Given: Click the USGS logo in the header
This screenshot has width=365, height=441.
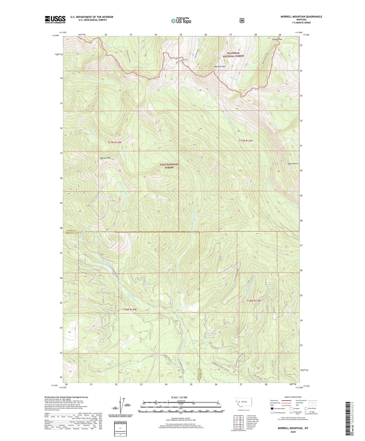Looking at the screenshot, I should click(55, 19).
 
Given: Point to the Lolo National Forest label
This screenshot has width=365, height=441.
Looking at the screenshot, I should click(169, 166).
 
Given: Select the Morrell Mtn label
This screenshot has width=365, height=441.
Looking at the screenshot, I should click(106, 158).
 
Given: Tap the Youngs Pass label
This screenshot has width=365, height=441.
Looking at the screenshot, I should click(277, 39).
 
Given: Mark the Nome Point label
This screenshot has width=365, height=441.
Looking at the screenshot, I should click(293, 164).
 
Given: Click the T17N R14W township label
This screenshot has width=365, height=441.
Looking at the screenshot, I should click(114, 142).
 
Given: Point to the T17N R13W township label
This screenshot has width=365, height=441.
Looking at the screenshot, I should click(246, 140).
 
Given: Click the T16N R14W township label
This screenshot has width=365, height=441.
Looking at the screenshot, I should click(130, 309).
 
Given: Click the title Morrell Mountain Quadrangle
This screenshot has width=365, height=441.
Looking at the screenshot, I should click(301, 17).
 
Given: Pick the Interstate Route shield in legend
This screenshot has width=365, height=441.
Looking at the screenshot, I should click(272, 408).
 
